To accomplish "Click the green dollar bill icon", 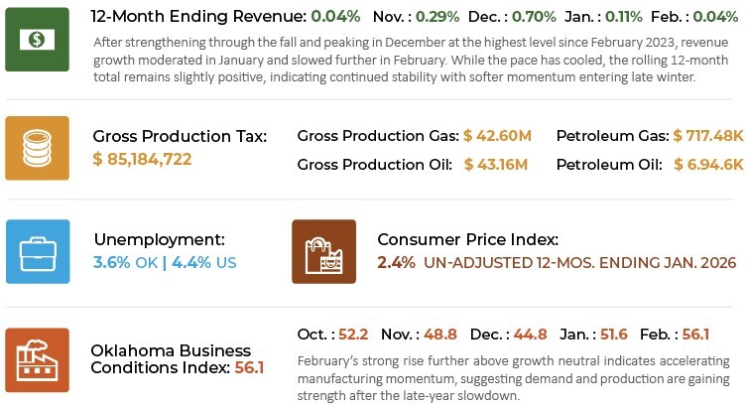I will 38,40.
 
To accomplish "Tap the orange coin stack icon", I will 38,148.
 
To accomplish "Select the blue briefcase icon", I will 38,252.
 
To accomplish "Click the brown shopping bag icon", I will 323,252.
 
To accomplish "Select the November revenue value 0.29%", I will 424,18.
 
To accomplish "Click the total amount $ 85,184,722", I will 142,159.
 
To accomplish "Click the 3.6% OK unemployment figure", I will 126,263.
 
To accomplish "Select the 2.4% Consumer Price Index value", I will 397,263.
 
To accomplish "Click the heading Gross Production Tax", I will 180,136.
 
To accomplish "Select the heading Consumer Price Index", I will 468,240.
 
